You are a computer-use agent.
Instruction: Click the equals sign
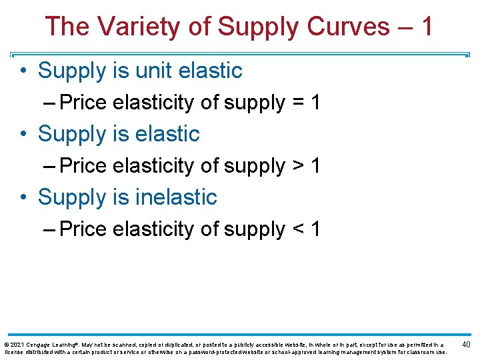[x=299, y=103]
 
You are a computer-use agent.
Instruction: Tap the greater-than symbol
[x=299, y=166]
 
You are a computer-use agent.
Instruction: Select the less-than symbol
[x=299, y=229]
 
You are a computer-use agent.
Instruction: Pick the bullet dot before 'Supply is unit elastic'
[x=24, y=71]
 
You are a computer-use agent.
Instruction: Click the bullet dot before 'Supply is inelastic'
[x=24, y=198]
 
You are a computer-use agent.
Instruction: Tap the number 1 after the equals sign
[x=315, y=103]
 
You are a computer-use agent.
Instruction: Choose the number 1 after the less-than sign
[x=315, y=229]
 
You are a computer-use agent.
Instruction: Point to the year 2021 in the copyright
[x=16, y=344]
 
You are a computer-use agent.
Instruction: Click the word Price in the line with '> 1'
[x=83, y=166]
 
